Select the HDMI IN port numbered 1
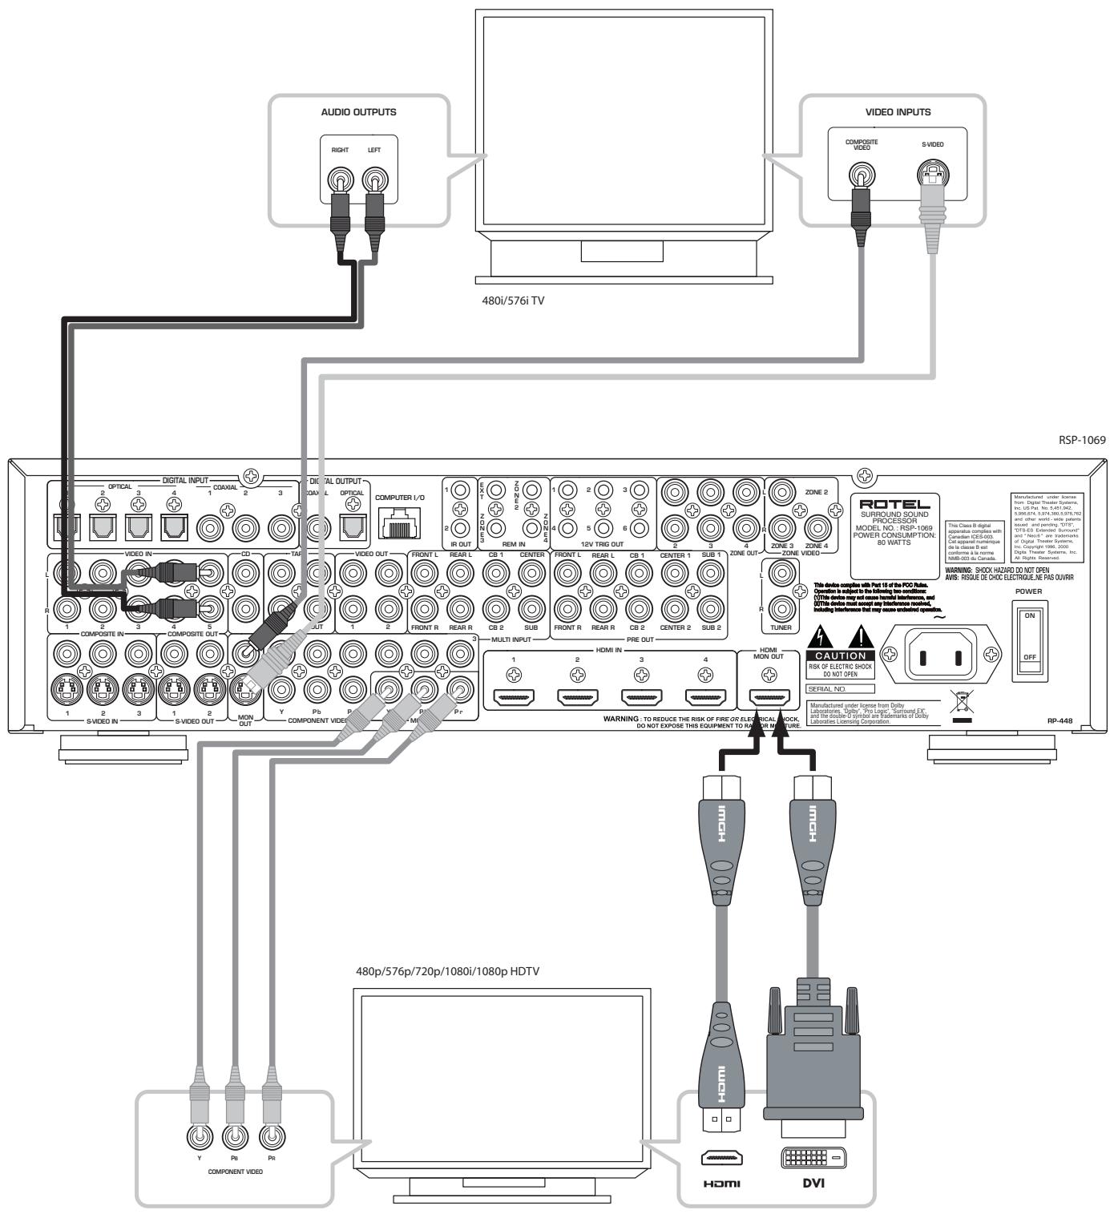click(514, 698)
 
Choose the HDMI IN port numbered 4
click(704, 698)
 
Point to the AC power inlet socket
click(940, 656)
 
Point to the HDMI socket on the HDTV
click(721, 1158)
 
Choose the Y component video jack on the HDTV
click(199, 1136)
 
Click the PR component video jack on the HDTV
click(272, 1136)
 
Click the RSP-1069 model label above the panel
click(1087, 441)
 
